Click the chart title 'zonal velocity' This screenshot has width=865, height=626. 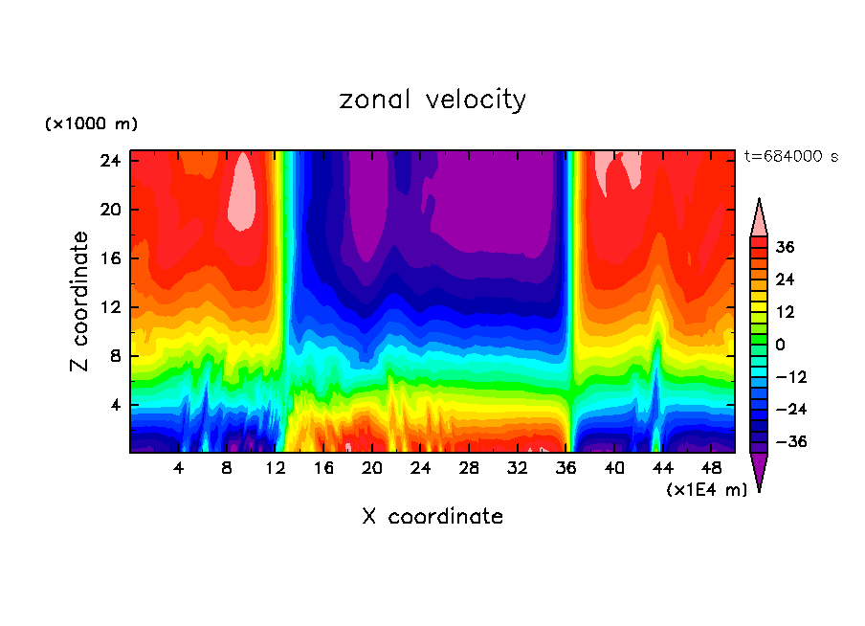point(432,100)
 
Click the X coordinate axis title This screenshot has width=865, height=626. point(432,517)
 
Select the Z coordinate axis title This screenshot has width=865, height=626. point(81,302)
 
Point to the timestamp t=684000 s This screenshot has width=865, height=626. point(790,156)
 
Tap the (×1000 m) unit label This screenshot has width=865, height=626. point(91,124)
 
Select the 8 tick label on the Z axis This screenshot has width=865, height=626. point(116,356)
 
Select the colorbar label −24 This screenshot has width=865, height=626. point(789,410)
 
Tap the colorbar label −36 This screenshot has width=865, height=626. point(789,442)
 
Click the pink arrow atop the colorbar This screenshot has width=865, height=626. point(759,217)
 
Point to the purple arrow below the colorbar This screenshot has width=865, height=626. point(759,471)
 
